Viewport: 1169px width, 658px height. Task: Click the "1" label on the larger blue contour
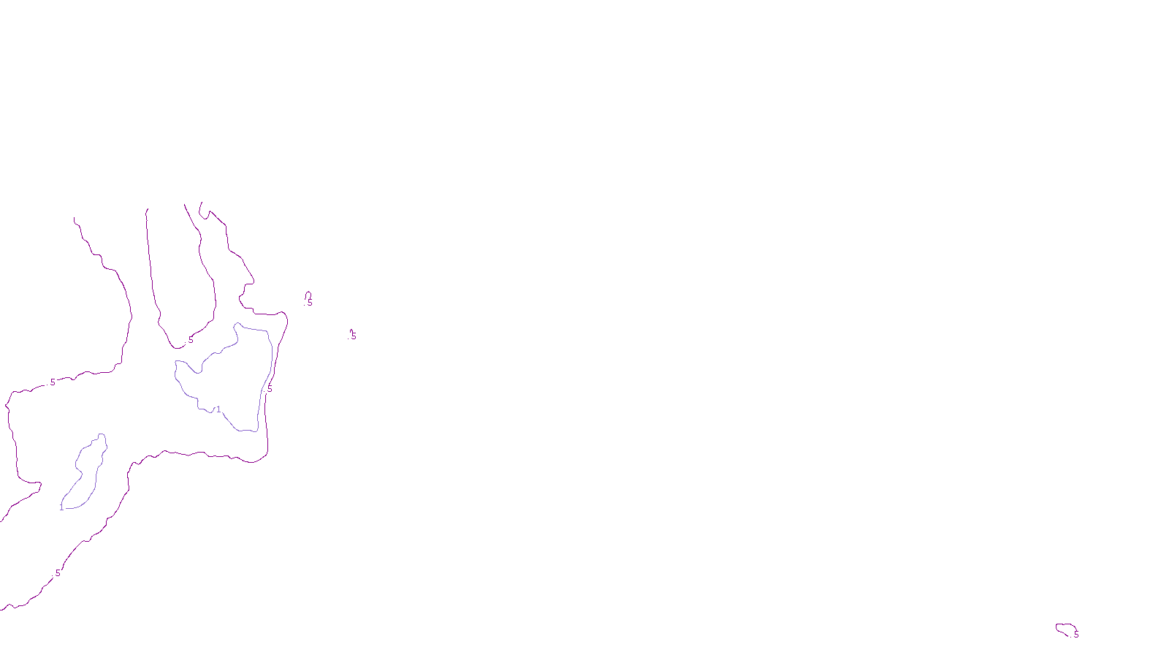coord(218,409)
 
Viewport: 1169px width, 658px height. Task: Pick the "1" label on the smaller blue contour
coord(61,507)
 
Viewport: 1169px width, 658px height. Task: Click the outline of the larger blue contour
coord(272,351)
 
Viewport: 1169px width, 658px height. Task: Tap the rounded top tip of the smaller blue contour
coord(102,435)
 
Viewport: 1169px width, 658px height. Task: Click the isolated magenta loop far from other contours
coord(1065,627)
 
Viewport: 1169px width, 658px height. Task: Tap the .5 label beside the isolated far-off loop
coord(1075,634)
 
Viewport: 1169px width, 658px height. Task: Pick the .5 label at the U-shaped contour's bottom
coord(190,340)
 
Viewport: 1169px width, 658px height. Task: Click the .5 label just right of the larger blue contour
coord(269,389)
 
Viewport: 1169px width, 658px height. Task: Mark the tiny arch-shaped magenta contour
coord(308,295)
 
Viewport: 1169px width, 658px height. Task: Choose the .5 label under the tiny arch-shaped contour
coord(309,303)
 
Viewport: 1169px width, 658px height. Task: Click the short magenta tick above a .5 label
coord(351,330)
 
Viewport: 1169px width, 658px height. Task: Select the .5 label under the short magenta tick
coord(353,336)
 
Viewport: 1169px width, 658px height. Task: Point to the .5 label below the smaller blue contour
coord(57,573)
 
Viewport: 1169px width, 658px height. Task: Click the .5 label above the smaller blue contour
coord(52,382)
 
